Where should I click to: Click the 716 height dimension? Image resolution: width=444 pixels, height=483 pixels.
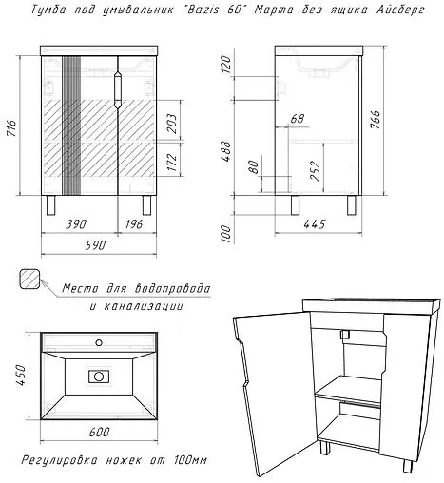(11, 127)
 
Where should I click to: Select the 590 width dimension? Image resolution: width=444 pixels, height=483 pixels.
(95, 245)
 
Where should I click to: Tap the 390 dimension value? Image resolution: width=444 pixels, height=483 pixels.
(76, 224)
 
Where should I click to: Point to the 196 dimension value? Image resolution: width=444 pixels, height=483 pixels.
(134, 224)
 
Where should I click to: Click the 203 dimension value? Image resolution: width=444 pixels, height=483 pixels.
(171, 124)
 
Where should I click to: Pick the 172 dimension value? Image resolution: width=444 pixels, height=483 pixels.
(171, 163)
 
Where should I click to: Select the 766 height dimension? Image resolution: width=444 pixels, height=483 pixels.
(376, 119)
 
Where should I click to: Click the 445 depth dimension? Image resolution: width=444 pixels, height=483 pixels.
(315, 224)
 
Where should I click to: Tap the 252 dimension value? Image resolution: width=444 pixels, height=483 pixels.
(316, 171)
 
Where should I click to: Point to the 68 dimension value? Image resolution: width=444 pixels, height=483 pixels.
(298, 119)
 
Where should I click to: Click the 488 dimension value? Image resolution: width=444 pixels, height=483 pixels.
(226, 151)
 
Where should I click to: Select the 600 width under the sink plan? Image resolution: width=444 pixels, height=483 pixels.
(99, 432)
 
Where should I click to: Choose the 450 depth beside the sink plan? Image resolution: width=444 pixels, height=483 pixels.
(21, 375)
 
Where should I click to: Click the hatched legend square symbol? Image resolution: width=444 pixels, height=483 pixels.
(29, 279)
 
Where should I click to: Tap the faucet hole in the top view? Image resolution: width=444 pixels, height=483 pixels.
(99, 342)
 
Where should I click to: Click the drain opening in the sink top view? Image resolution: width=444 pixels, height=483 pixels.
(99, 377)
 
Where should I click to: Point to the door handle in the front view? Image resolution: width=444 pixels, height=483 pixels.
(118, 89)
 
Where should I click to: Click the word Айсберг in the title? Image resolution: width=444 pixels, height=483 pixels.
(400, 10)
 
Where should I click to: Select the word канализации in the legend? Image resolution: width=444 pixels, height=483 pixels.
(144, 306)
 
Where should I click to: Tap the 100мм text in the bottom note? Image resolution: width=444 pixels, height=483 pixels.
(190, 459)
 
